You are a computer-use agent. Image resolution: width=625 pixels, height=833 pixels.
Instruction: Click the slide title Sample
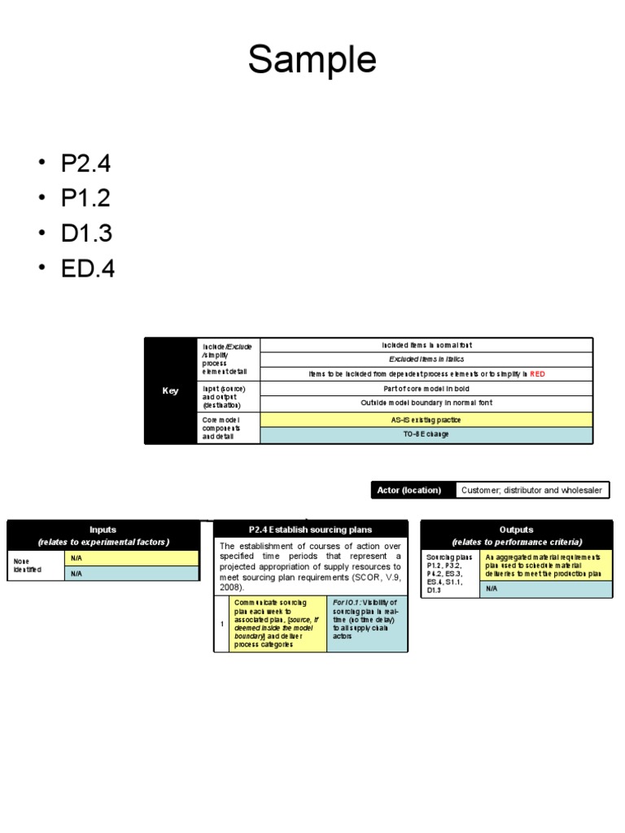[312, 61]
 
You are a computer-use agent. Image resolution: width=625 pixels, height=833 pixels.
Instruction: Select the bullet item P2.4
[85, 164]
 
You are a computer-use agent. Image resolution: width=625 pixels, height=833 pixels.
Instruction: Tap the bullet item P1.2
[85, 198]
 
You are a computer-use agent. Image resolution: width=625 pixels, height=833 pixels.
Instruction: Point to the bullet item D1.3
[85, 233]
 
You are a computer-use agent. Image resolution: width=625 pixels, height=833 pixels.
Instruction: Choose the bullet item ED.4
[88, 268]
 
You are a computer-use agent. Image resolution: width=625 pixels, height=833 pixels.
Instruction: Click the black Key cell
[170, 390]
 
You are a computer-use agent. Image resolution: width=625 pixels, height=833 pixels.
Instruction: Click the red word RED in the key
[538, 374]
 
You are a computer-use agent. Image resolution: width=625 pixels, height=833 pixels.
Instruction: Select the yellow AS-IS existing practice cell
[426, 419]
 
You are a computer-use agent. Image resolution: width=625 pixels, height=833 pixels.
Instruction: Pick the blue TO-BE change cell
[426, 434]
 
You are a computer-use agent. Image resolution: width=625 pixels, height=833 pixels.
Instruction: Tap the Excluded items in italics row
[426, 359]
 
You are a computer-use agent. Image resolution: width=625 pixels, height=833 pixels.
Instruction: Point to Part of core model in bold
[426, 389]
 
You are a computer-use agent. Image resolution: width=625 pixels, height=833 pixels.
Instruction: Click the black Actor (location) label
[409, 490]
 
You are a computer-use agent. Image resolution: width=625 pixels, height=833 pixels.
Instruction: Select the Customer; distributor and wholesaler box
[531, 490]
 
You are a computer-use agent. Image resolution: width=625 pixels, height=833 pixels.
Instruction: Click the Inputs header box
[103, 535]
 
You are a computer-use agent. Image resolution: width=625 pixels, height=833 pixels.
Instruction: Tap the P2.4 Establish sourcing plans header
[310, 530]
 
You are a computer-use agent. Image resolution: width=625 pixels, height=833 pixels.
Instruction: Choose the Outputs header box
[517, 535]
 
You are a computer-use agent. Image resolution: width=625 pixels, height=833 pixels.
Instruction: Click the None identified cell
[35, 565]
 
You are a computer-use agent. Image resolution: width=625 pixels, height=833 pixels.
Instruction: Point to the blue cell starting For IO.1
[367, 623]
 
